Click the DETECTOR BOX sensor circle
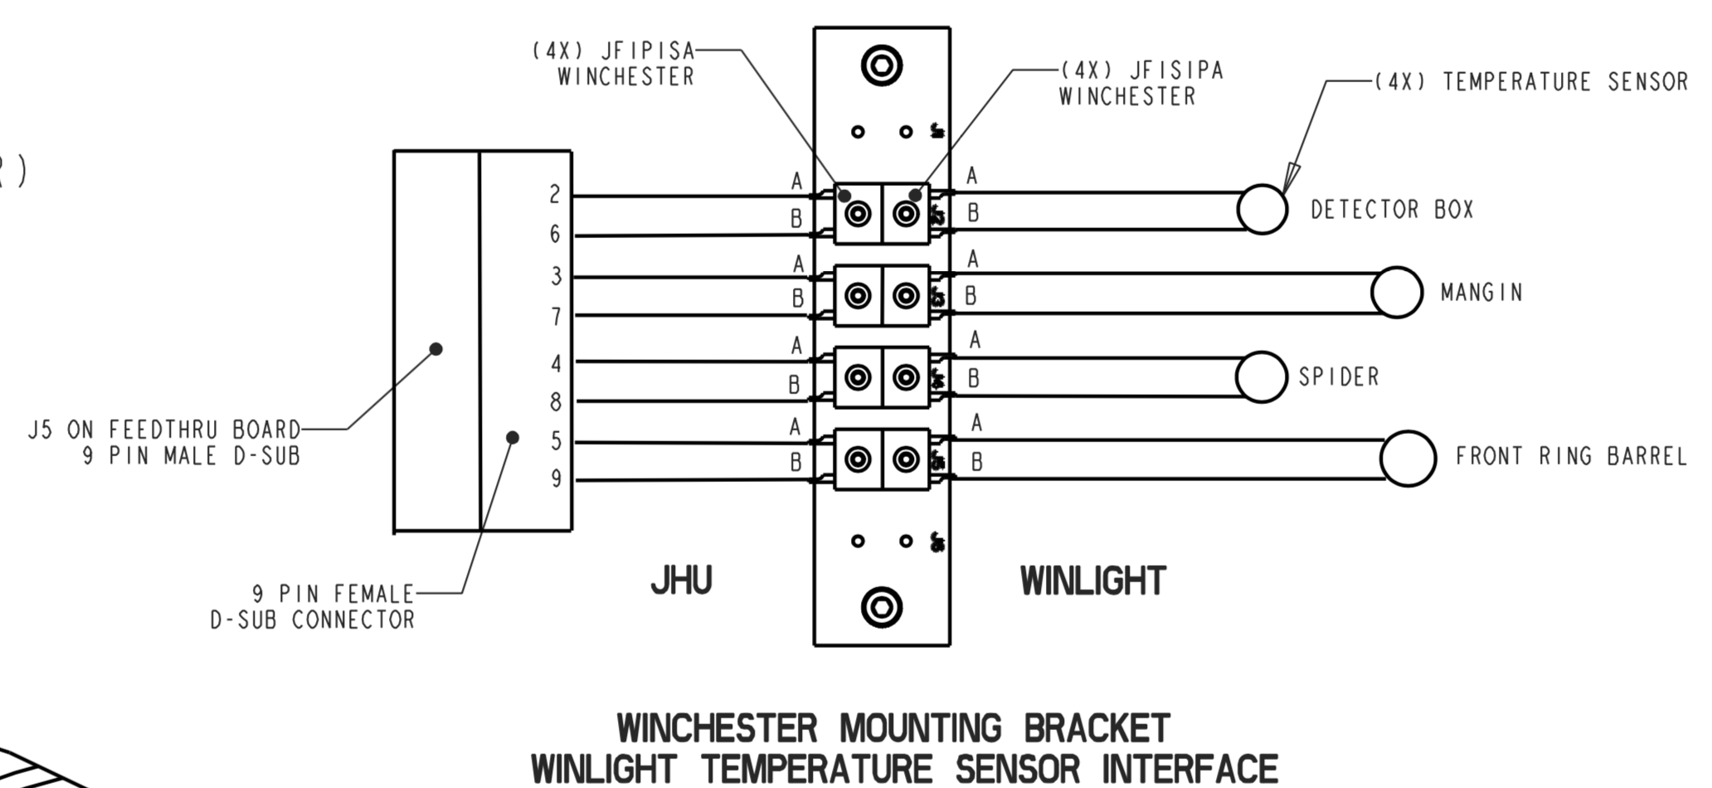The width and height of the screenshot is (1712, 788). click(1262, 210)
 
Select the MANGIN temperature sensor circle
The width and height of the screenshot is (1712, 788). click(1397, 292)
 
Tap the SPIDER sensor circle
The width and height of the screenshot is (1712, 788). click(1261, 377)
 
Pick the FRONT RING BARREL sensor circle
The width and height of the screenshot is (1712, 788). click(1408, 458)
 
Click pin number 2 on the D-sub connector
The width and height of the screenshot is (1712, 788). click(555, 195)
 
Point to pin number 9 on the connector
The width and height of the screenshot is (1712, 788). click(556, 479)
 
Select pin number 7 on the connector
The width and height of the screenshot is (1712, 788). click(556, 316)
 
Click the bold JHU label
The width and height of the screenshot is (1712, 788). click(681, 581)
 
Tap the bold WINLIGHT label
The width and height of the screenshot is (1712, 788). click(1092, 581)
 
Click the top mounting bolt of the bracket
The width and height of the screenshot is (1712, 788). click(881, 66)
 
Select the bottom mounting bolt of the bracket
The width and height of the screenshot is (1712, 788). click(881, 607)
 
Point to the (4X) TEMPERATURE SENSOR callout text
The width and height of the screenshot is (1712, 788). click(1531, 82)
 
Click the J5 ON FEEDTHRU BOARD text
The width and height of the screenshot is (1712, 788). click(164, 430)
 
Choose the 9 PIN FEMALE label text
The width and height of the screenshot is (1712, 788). click(333, 594)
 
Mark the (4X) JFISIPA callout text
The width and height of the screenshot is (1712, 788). click(1141, 71)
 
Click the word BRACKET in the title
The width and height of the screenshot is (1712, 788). click(1097, 729)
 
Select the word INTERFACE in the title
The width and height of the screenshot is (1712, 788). click(1189, 768)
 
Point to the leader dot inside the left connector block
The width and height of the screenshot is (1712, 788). click(435, 349)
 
